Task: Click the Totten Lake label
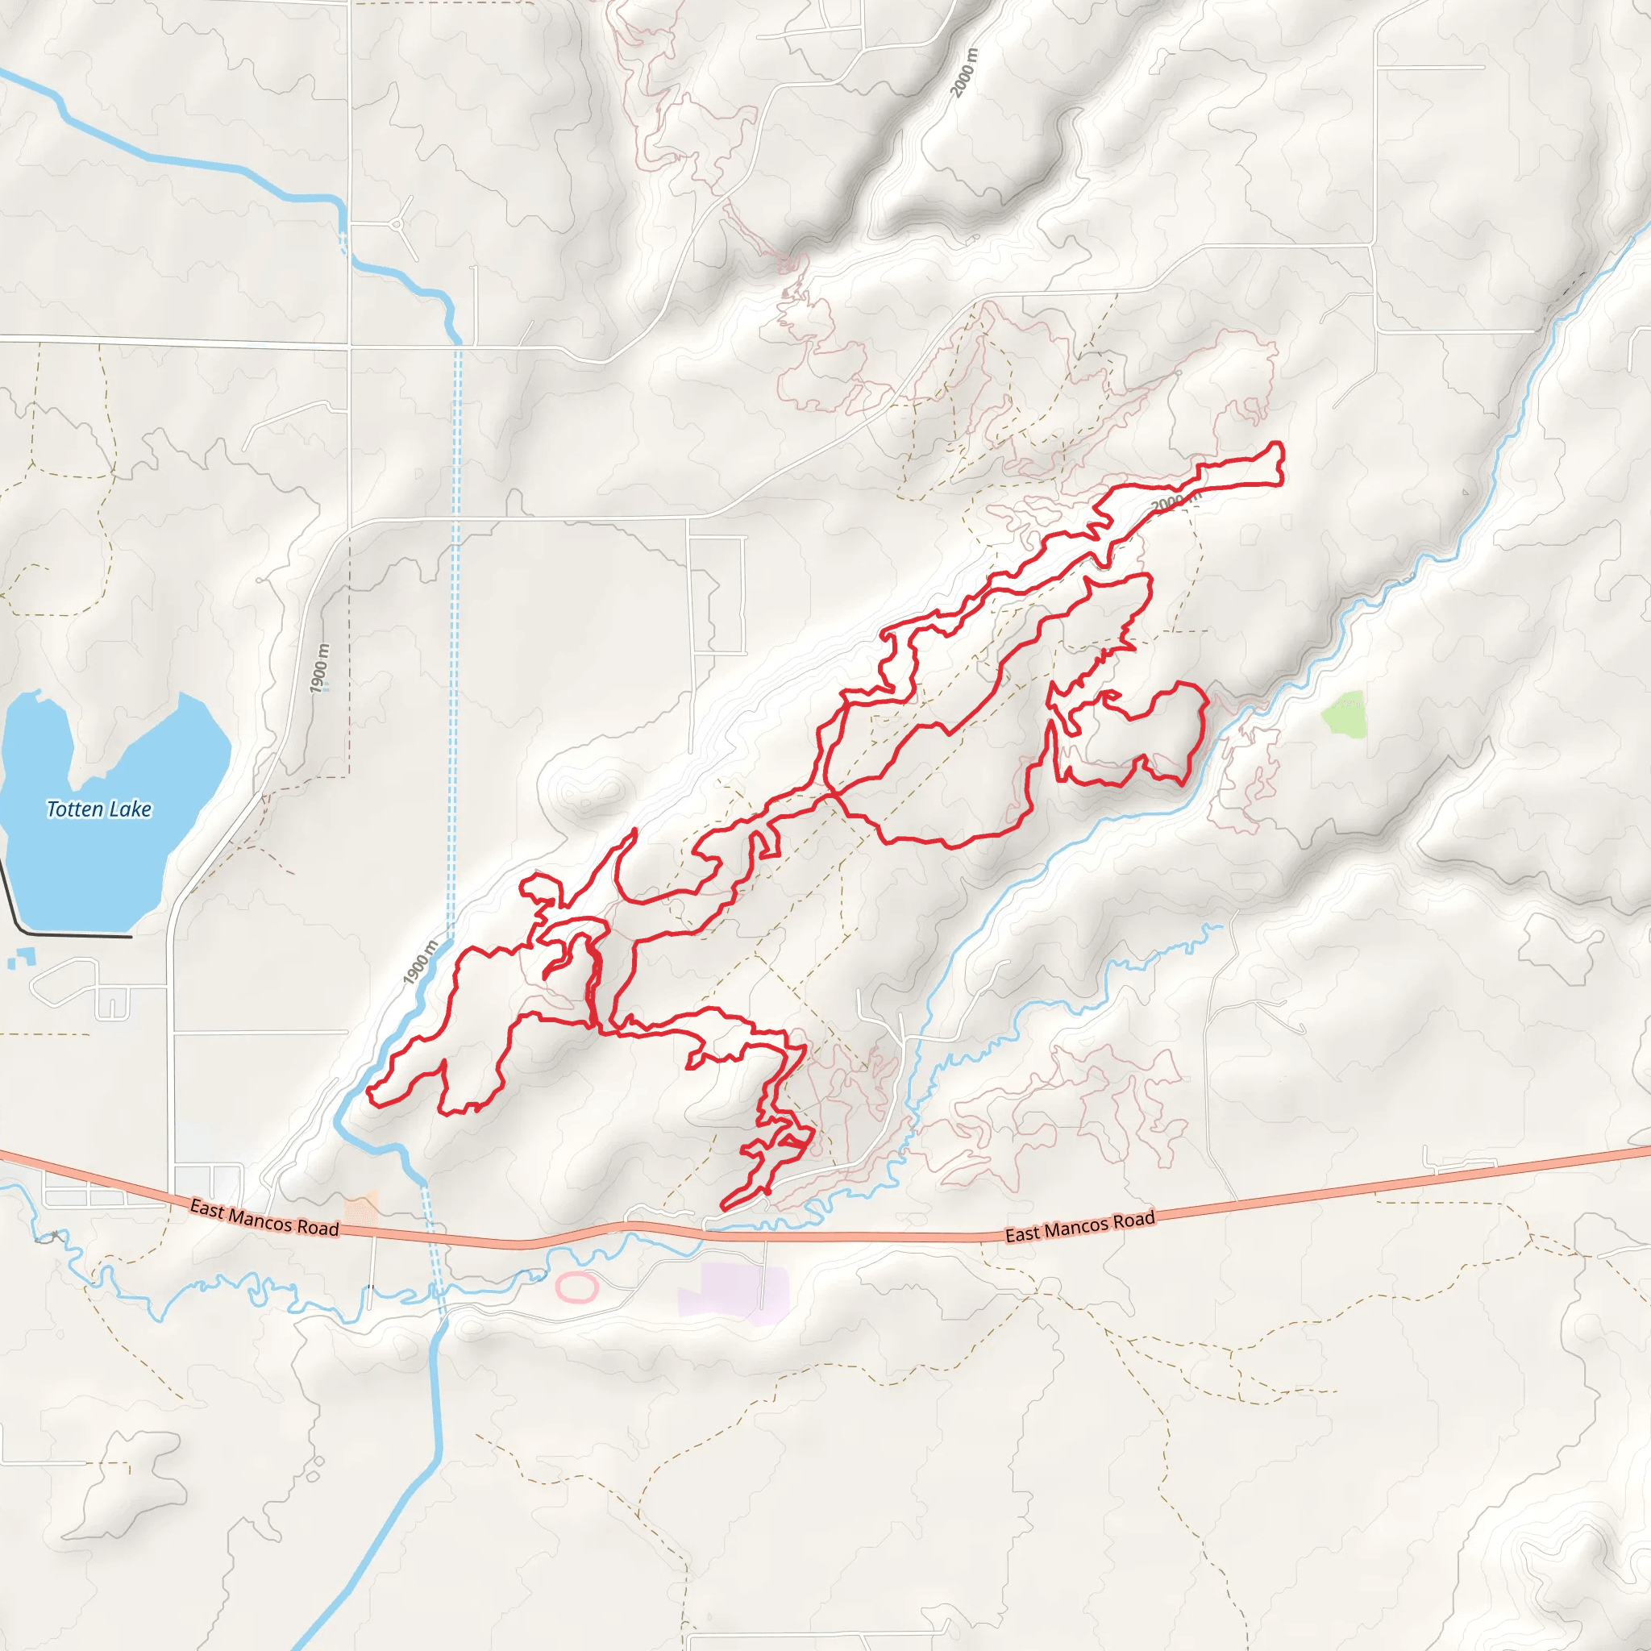point(99,809)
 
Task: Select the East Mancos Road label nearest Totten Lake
point(264,1218)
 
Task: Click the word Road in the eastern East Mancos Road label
point(1134,1220)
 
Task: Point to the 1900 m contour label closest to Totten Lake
point(319,668)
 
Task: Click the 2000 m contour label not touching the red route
point(963,73)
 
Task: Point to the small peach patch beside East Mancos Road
point(360,1210)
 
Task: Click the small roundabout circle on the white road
point(397,225)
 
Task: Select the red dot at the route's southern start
point(767,1191)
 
